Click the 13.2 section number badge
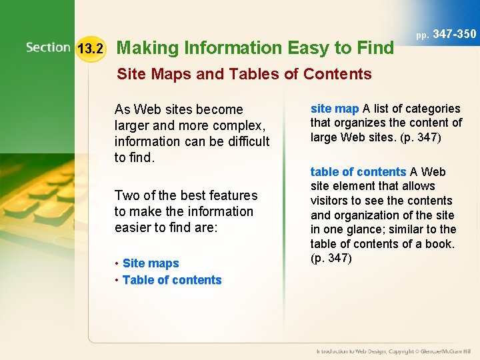pos(90,49)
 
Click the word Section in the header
pos(48,47)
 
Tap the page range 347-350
pos(455,33)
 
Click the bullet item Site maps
pos(151,263)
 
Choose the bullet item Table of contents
pos(172,280)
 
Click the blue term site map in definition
pos(335,108)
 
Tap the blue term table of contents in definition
pos(358,172)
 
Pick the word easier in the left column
pos(135,227)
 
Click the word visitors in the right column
pos(332,201)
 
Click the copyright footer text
pos(393,351)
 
